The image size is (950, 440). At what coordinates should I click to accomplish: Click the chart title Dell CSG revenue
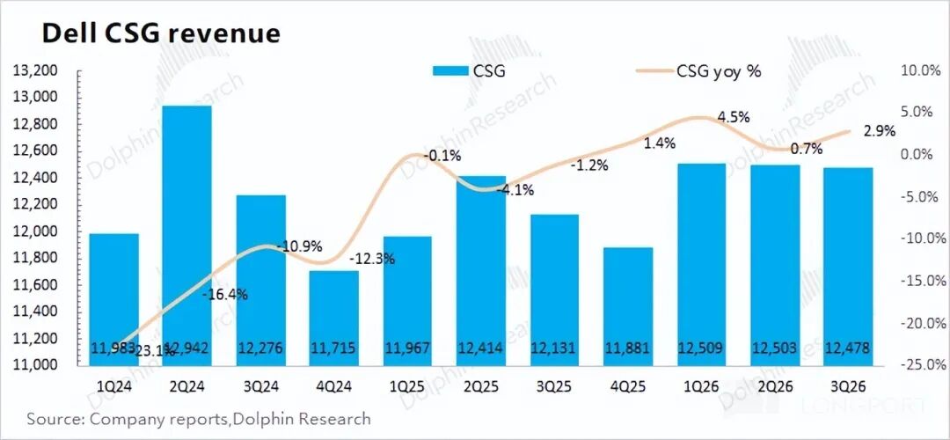point(162,33)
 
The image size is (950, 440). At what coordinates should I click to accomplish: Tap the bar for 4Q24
point(334,308)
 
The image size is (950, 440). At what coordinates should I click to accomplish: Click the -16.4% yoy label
point(225,295)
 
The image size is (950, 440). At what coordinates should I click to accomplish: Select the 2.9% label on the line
point(880,131)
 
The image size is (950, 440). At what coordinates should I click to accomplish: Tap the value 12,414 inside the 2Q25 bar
point(481,349)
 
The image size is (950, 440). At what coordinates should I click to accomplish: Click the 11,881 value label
point(628,349)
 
